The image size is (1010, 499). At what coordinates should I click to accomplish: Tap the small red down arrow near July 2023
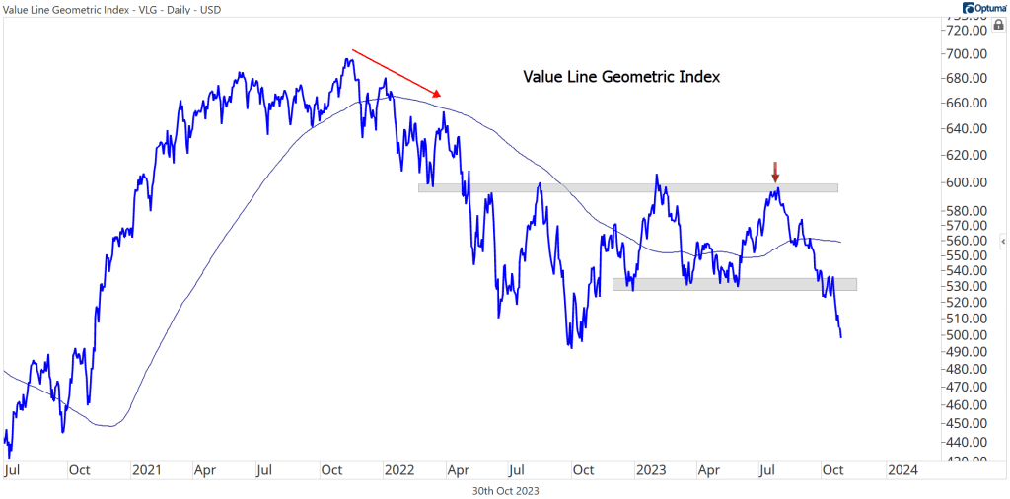pos(775,172)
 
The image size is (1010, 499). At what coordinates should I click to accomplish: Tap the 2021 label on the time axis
pos(146,471)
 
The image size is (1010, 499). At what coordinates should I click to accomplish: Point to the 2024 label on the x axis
pos(902,471)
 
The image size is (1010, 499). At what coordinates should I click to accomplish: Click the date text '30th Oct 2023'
pos(505,490)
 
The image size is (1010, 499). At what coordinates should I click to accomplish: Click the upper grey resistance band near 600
pos(628,187)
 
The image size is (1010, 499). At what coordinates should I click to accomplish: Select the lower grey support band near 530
pos(735,284)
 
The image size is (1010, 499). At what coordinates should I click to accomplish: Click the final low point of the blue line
pos(841,337)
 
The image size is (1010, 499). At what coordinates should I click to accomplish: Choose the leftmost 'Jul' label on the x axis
pos(13,471)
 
